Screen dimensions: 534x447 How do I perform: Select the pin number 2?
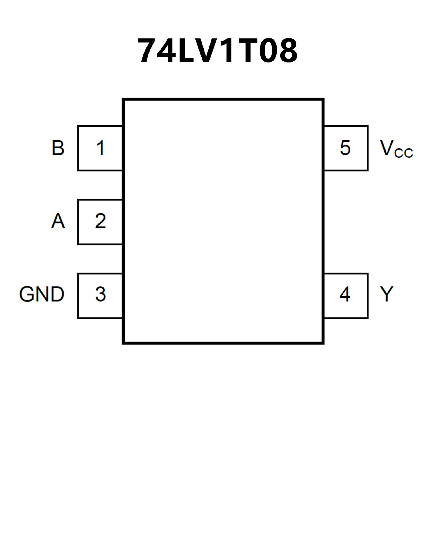point(101,221)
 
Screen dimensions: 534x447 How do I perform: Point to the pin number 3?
point(101,294)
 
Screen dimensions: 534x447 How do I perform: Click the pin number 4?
point(345,294)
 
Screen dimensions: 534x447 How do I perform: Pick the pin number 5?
point(345,148)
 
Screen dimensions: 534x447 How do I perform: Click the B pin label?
point(58,148)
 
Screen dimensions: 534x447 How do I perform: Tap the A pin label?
point(58,221)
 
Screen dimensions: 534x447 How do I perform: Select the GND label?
point(42,294)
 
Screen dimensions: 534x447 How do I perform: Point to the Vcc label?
point(396,149)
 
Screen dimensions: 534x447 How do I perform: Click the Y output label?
point(386,294)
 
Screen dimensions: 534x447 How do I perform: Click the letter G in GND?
point(27,294)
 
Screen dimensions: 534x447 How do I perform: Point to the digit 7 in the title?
point(146,50)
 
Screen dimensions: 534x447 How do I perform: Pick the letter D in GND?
point(57,294)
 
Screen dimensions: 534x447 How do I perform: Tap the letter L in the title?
point(186,50)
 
